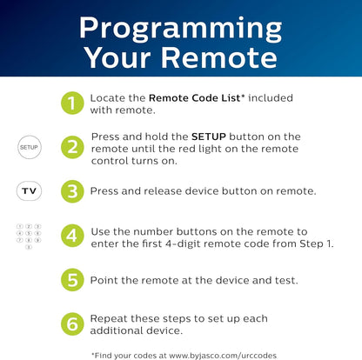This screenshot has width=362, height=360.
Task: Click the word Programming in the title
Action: coord(181,26)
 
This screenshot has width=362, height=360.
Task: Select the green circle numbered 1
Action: coord(71,103)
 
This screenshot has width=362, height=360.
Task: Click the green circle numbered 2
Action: coord(71,148)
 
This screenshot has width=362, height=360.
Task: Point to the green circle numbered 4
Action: coord(71,236)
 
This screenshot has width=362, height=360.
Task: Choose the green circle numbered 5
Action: coord(71,280)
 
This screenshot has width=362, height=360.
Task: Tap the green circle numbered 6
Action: coord(71,323)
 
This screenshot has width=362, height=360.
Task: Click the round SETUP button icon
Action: coord(29,148)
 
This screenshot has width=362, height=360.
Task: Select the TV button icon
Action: coord(29,190)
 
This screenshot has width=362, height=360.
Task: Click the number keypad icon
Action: coord(29,236)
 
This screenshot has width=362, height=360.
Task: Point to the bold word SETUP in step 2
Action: coord(210,137)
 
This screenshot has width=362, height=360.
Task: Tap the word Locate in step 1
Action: coord(108,98)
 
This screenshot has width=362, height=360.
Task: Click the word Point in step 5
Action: coord(104,280)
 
